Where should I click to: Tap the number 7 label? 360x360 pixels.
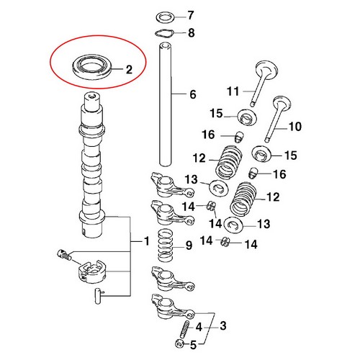[x=191, y=16]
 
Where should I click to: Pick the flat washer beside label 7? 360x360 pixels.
[x=166, y=16]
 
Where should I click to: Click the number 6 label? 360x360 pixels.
[x=192, y=94]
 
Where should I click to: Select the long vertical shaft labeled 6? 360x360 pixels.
[x=166, y=108]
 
